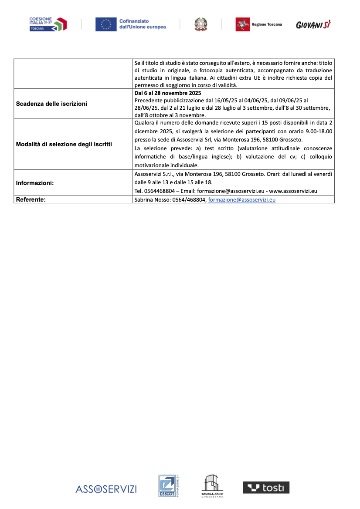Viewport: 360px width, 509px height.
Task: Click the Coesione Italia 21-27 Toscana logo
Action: point(48,24)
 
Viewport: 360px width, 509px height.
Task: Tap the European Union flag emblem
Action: point(106,24)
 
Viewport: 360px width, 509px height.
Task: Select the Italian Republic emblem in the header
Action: point(201,24)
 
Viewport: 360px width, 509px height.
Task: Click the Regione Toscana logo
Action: point(258,24)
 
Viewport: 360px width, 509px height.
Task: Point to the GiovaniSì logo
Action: point(313,25)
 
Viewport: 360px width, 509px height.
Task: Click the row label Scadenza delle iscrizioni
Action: point(51,104)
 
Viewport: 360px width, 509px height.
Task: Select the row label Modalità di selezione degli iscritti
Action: point(64,144)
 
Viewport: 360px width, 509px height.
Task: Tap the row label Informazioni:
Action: point(35,183)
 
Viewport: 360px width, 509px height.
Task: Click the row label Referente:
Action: point(31,200)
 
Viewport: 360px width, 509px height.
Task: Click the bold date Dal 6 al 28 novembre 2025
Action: point(168,93)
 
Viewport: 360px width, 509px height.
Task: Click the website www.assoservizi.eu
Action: point(293,191)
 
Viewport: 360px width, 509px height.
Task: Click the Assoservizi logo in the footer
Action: point(106,489)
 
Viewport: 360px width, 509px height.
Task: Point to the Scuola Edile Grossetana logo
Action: point(212,486)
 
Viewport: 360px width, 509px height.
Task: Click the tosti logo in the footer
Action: point(266,488)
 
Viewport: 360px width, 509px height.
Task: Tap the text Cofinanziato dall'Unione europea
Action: point(143,24)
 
